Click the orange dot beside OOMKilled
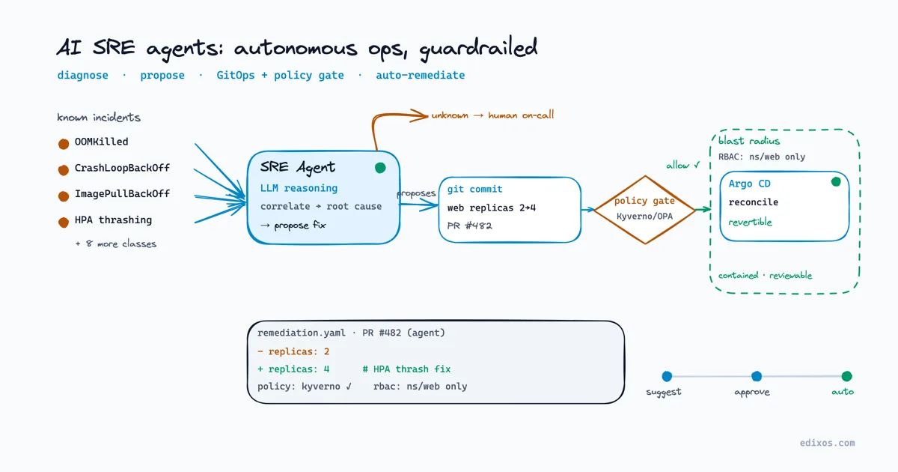click(x=64, y=144)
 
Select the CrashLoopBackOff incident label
click(x=122, y=168)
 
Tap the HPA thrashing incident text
click(x=114, y=220)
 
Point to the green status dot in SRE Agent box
click(x=380, y=168)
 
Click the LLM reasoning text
click(x=299, y=188)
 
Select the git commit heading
click(x=474, y=189)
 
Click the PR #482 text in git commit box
click(x=469, y=226)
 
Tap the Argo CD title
click(x=749, y=184)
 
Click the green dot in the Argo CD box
click(x=836, y=182)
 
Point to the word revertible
click(x=750, y=222)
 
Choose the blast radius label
click(x=749, y=141)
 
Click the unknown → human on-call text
click(x=492, y=115)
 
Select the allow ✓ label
click(x=683, y=165)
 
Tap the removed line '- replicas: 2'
click(x=293, y=351)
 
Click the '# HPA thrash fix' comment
click(x=406, y=369)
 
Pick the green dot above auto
click(x=846, y=376)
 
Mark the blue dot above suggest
click(x=667, y=376)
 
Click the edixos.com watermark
click(x=828, y=443)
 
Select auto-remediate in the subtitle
click(x=420, y=75)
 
